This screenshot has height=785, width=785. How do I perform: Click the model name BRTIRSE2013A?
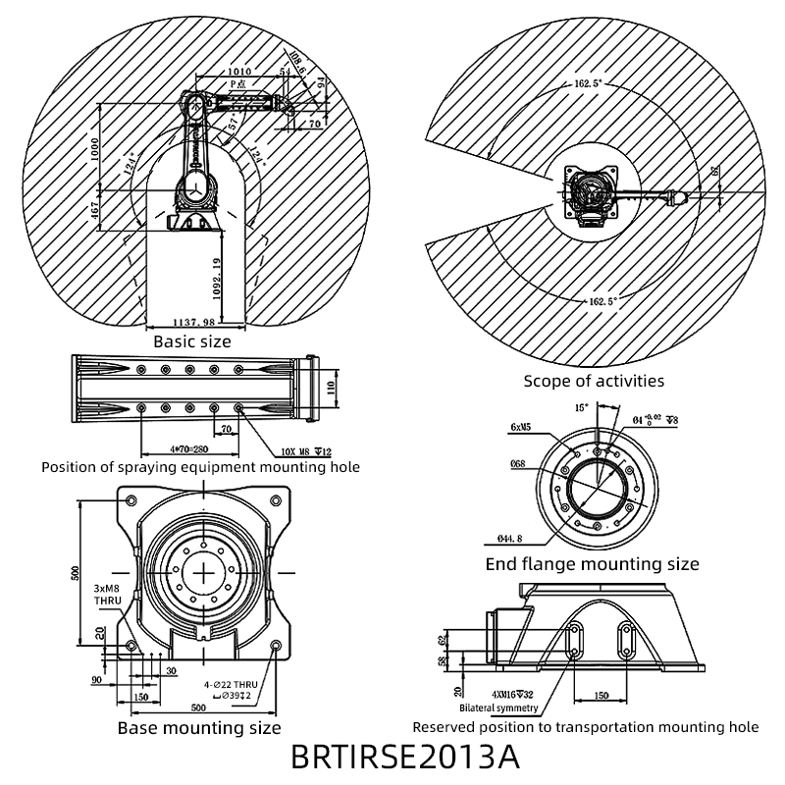(404, 758)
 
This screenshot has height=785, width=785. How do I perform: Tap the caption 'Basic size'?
(192, 341)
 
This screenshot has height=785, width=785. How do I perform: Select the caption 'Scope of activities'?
(594, 381)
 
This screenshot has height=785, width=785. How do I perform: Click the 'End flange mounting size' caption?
(593, 564)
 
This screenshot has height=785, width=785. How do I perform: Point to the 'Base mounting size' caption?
(199, 728)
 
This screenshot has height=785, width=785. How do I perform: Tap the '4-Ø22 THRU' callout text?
(231, 685)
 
